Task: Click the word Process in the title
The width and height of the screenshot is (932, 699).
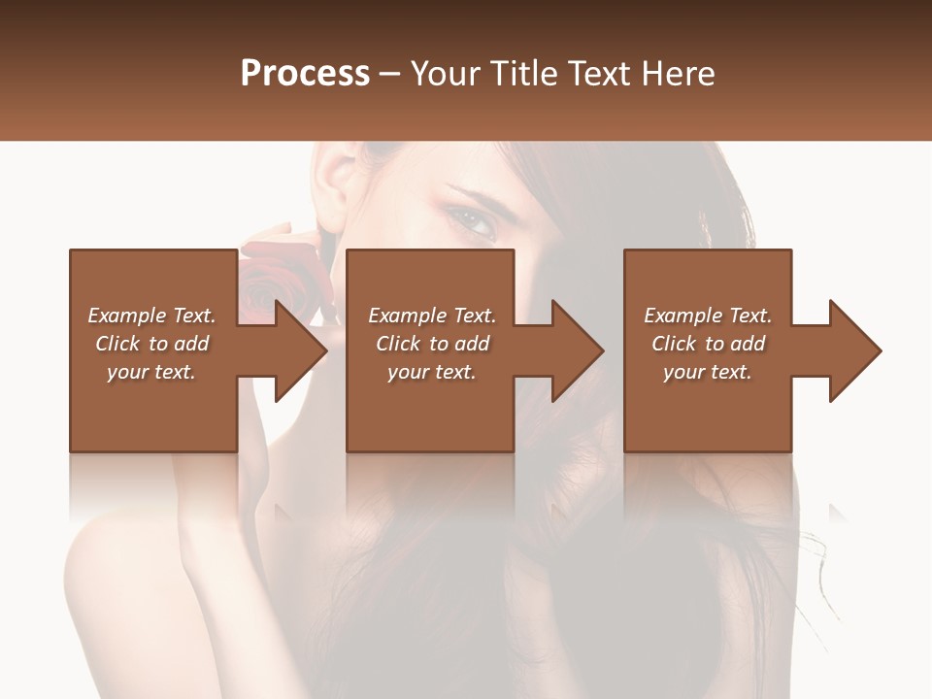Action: point(305,74)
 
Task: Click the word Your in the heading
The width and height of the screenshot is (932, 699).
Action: point(445,74)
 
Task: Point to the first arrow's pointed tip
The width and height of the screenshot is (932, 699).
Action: point(326,350)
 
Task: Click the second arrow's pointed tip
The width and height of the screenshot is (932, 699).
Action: point(603,350)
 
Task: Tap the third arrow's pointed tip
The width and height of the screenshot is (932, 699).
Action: point(881,350)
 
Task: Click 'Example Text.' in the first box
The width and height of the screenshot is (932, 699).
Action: point(151,316)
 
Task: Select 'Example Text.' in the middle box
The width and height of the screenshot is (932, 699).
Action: point(432,316)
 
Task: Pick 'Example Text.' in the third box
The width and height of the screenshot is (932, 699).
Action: point(708,316)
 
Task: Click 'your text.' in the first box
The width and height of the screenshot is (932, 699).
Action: point(151,372)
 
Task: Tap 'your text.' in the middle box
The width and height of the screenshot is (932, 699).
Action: point(432,372)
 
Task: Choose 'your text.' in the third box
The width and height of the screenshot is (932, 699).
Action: point(708,372)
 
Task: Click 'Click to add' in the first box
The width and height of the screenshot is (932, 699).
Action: point(151,344)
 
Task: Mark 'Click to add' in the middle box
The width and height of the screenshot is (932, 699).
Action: point(432,344)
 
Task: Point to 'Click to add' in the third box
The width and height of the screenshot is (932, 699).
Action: point(708,344)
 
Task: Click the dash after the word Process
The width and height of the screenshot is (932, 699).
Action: point(390,75)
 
